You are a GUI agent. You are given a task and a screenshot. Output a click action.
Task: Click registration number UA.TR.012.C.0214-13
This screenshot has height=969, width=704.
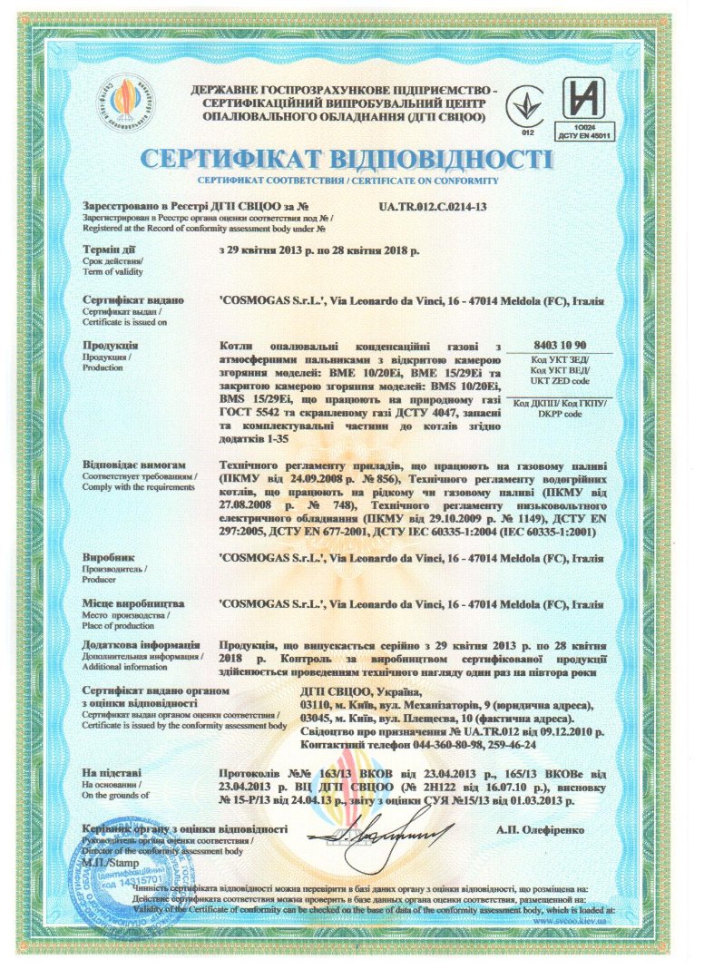click(x=432, y=207)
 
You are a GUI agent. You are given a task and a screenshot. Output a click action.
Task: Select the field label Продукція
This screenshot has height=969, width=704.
click(x=111, y=346)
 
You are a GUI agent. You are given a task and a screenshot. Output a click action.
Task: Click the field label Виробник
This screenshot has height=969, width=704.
click(x=108, y=558)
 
